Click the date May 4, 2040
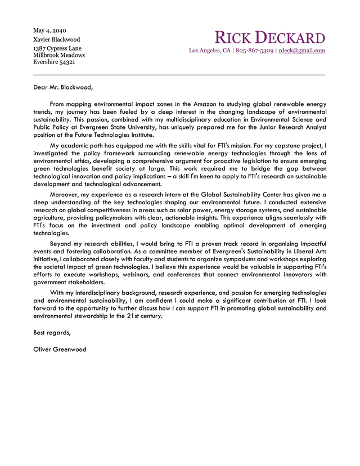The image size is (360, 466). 49,30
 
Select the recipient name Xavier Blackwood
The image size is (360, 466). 56,39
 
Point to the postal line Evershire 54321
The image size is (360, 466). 54,62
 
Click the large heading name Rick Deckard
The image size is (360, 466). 270,38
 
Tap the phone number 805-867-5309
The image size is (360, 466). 254,51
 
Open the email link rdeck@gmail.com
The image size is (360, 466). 302,51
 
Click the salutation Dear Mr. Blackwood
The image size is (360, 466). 62,87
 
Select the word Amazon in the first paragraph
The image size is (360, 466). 204,104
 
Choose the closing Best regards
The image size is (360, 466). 52,333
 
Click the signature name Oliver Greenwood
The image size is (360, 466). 60,349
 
